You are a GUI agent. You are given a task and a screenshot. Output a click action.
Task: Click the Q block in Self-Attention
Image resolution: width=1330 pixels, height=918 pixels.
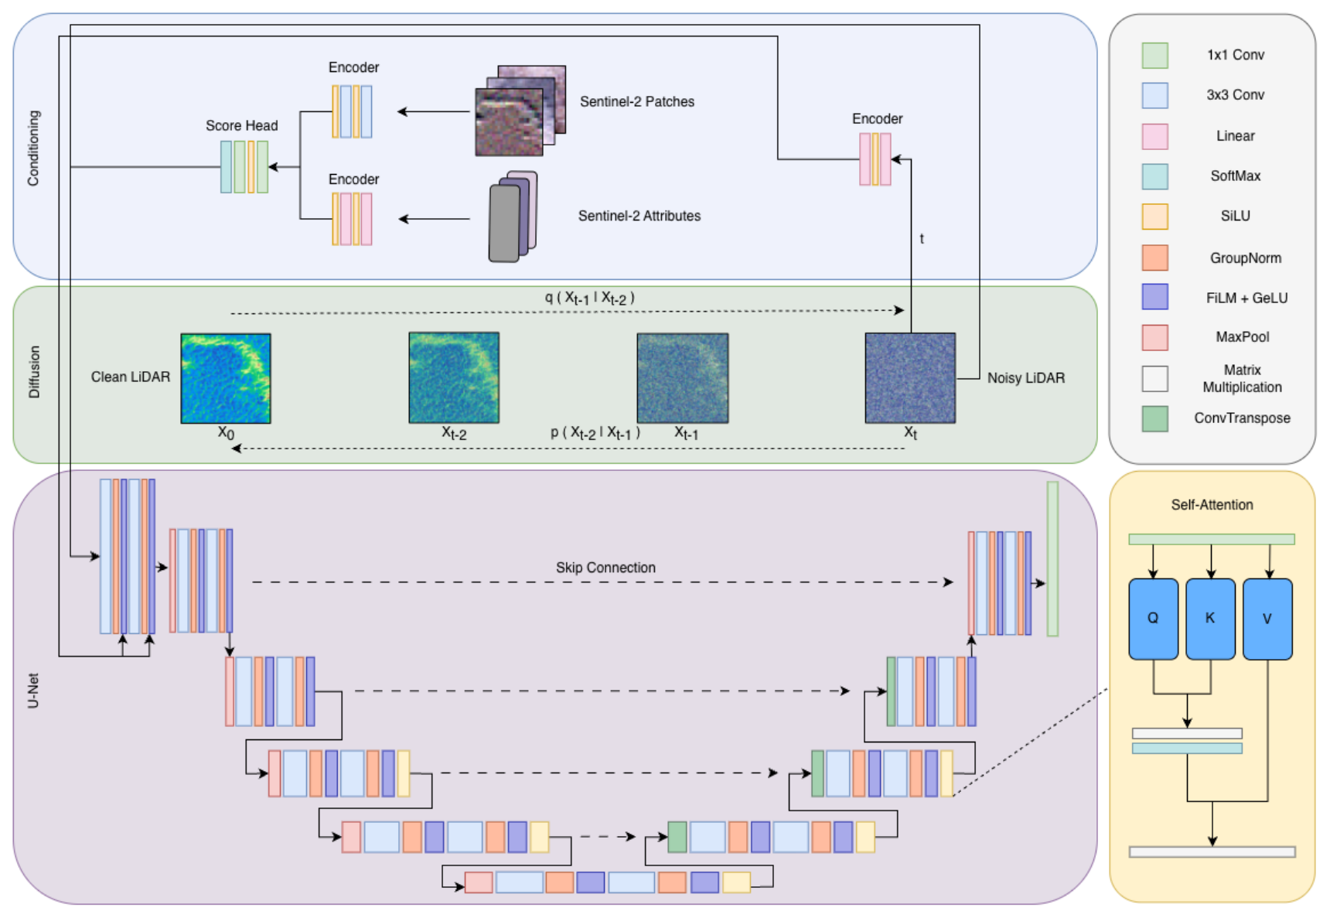[1153, 619]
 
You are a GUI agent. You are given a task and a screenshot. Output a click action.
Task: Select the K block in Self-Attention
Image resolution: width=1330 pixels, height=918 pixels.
[1210, 619]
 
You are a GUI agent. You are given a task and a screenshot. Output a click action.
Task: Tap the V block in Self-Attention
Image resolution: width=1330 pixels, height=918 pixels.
[1267, 619]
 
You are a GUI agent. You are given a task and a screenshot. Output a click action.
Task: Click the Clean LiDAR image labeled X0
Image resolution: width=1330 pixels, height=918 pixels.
[226, 378]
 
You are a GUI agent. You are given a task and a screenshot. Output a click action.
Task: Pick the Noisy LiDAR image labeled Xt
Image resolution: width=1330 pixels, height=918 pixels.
[910, 378]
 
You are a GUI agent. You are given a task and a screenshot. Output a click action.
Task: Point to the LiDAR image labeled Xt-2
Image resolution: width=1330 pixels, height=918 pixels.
[454, 378]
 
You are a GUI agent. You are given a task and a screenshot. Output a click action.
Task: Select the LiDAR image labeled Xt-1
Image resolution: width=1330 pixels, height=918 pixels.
[682, 378]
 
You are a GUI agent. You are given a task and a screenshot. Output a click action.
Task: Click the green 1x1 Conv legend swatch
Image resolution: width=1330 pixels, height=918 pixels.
[1155, 56]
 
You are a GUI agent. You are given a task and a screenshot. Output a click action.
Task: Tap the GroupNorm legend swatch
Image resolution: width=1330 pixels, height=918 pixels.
[1155, 258]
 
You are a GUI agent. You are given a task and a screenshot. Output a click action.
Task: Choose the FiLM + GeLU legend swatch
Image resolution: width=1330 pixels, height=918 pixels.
[1155, 297]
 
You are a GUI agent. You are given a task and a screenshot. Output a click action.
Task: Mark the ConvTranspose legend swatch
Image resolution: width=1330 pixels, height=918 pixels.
[1155, 418]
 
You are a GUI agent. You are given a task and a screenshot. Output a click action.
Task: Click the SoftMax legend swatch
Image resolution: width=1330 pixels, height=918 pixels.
[1155, 176]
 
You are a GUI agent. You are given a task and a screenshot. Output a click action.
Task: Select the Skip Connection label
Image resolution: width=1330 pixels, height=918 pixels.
[605, 568]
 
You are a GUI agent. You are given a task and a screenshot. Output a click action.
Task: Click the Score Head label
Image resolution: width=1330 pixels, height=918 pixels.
[241, 125]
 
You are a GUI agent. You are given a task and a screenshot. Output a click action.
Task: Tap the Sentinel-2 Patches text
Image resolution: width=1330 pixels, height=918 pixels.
[637, 101]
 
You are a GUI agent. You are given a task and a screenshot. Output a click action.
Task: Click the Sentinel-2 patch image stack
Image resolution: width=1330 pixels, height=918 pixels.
[520, 111]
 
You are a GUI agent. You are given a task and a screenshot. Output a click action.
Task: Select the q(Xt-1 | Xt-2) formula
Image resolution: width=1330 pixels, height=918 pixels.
[589, 298]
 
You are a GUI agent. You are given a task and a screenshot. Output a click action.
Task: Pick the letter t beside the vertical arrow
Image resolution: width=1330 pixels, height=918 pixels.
[922, 239]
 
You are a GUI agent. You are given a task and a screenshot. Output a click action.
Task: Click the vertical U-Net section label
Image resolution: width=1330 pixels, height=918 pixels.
[33, 691]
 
